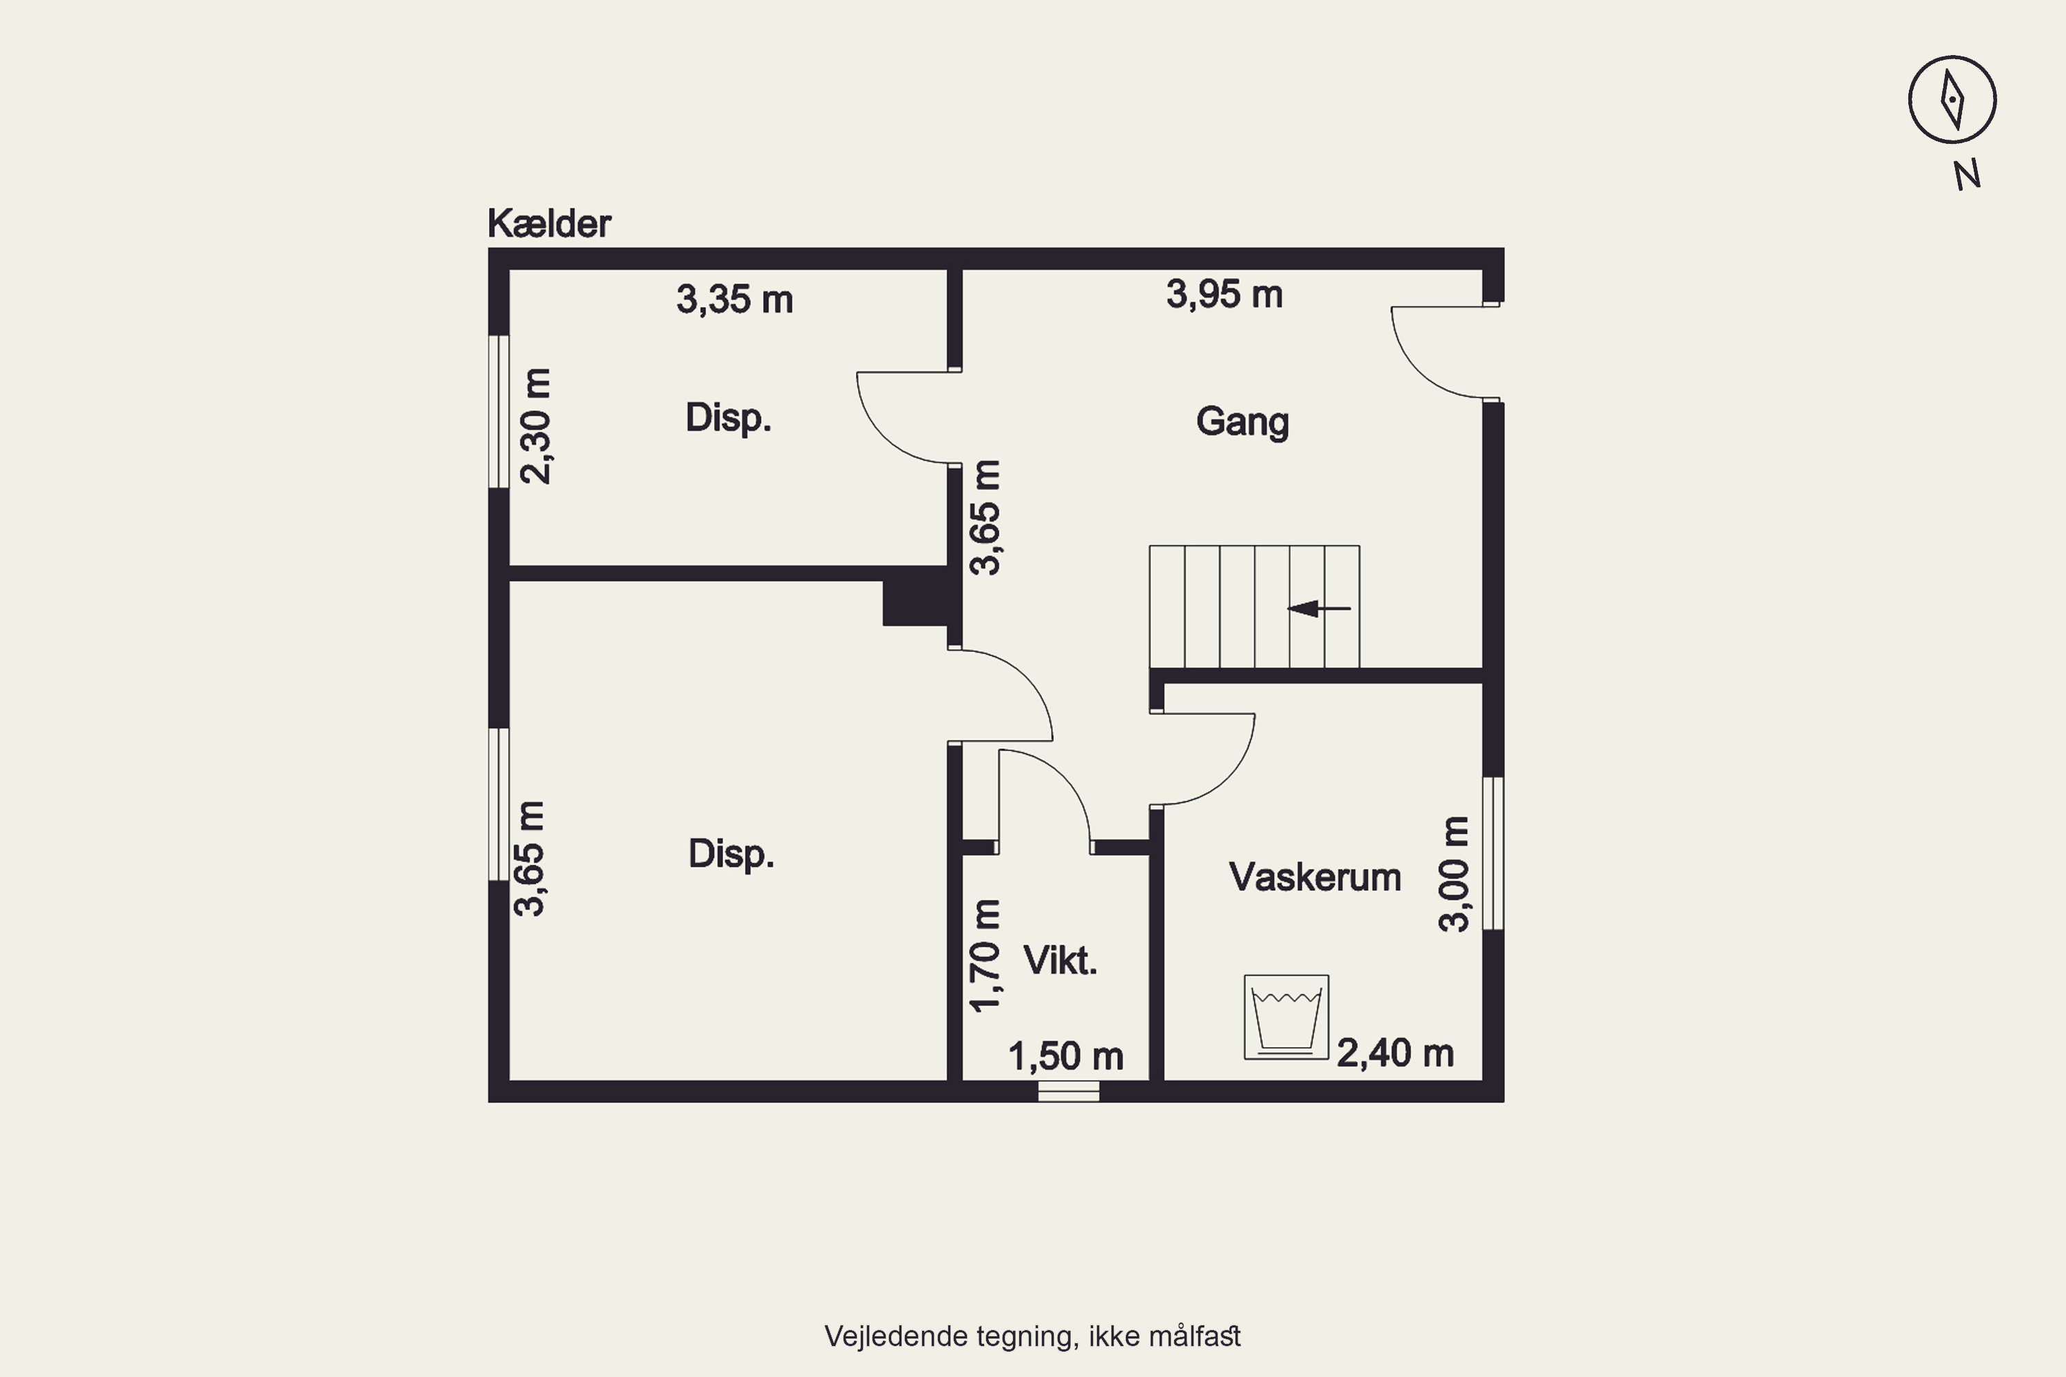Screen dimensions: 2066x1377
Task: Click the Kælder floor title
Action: pos(549,224)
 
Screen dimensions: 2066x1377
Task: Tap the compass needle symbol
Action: pos(1952,99)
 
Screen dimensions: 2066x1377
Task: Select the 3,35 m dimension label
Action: pos(734,299)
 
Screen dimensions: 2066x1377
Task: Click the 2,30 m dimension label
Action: pos(536,426)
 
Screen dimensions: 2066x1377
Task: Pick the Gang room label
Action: pos(1242,421)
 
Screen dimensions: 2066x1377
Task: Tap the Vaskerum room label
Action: pos(1314,877)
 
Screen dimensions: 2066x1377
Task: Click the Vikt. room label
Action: pos(1061,960)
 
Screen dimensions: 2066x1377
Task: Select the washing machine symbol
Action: pos(1286,1017)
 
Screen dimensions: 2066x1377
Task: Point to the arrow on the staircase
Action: pos(1319,609)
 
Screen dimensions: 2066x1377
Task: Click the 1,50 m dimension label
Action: pos(1065,1056)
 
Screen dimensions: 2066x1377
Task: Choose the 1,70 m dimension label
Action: pos(985,956)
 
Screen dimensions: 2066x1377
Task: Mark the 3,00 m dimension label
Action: pos(1454,874)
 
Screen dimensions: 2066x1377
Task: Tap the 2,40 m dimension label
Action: pos(1395,1053)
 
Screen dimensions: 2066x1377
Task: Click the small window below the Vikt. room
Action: pos(1069,1091)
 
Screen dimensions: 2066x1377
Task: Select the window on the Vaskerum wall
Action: pos(1493,853)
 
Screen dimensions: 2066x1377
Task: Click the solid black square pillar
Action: pos(915,602)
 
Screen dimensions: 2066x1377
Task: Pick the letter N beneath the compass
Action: pos(1968,175)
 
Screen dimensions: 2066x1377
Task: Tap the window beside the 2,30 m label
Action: pos(498,411)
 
